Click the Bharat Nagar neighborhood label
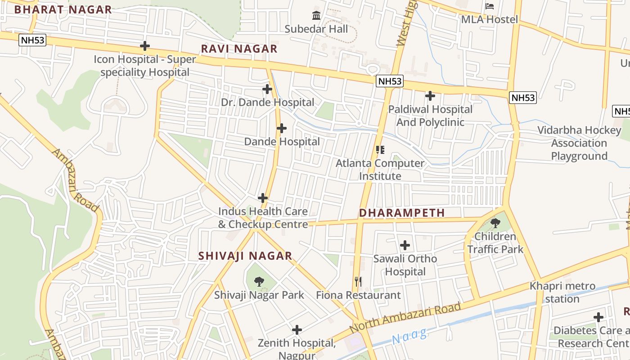click(x=63, y=9)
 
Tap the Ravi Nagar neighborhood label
click(x=239, y=49)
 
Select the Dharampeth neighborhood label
click(x=402, y=213)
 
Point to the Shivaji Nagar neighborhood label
click(x=245, y=256)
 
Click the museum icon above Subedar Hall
click(x=316, y=16)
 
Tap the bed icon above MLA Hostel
click(x=490, y=6)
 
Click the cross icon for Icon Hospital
click(x=144, y=46)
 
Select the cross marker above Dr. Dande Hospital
click(x=267, y=89)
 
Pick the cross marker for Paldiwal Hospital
click(x=430, y=96)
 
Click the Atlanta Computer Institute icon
click(x=380, y=150)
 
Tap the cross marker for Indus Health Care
click(x=263, y=198)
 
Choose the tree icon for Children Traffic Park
click(x=495, y=223)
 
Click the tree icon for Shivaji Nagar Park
click(x=259, y=282)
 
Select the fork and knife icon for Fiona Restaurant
click(x=358, y=282)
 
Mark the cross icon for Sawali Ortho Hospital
click(x=405, y=245)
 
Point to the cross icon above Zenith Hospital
click(x=297, y=330)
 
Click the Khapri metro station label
click(x=562, y=292)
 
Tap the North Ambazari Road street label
click(x=405, y=318)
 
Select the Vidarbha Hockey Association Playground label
click(x=579, y=143)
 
